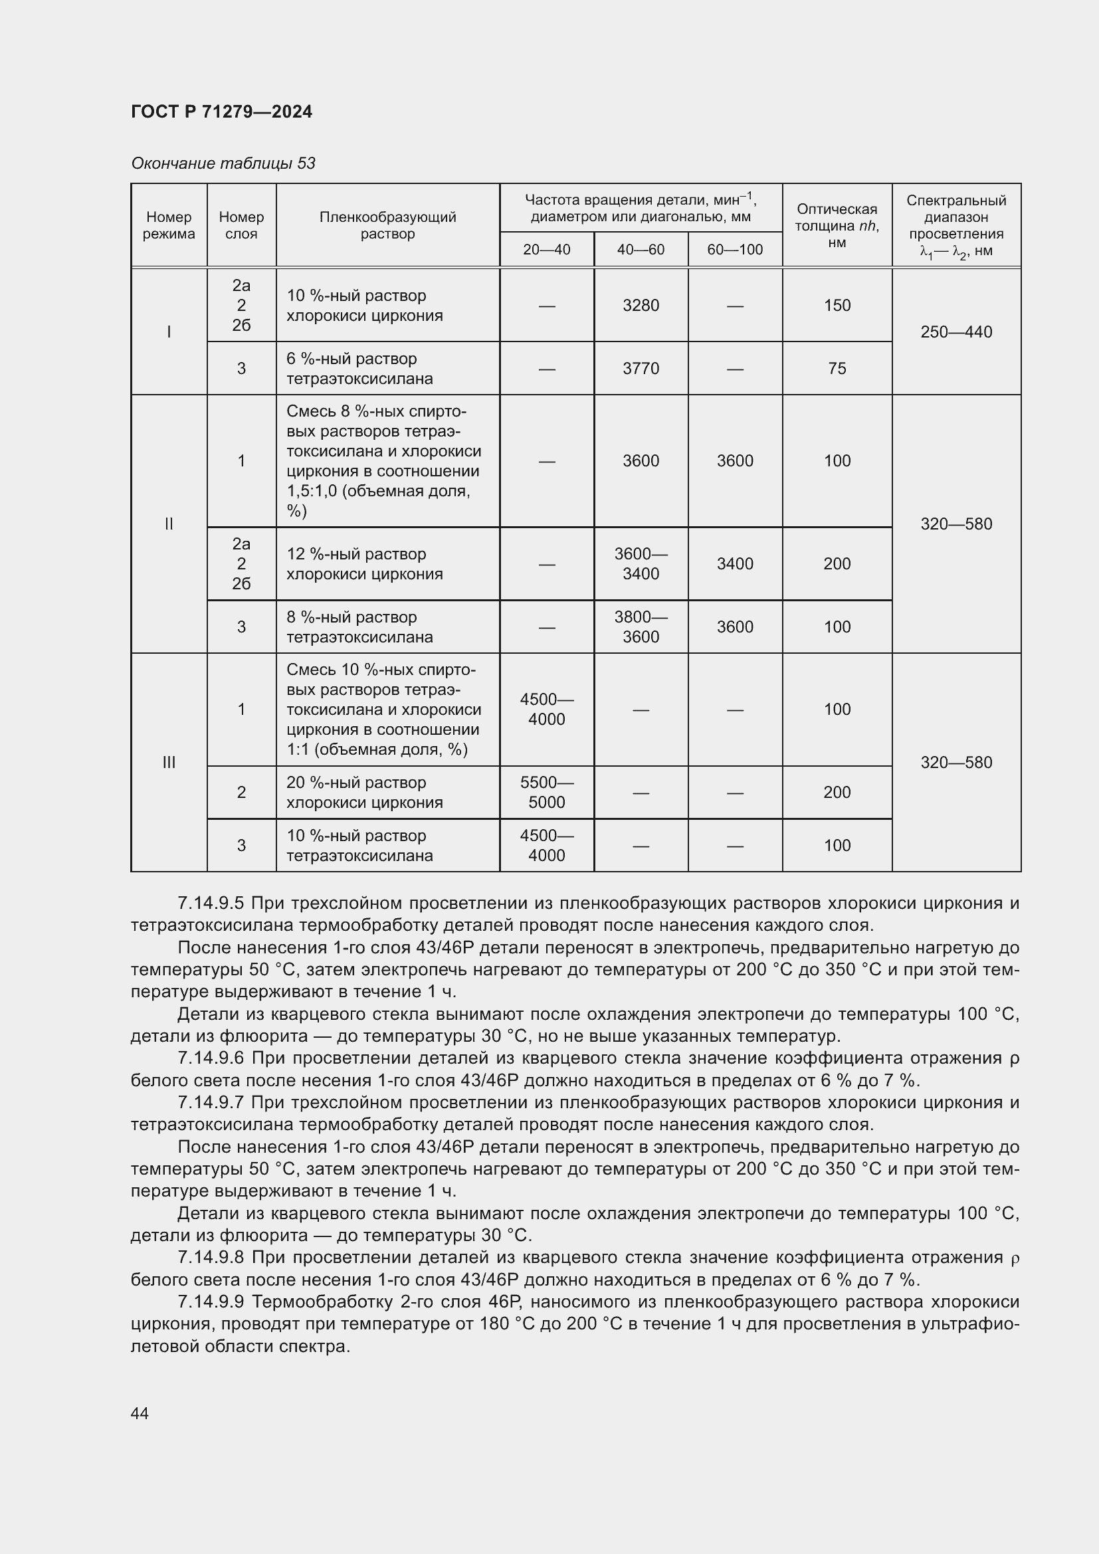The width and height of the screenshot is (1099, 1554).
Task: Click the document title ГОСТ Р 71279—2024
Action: tap(221, 112)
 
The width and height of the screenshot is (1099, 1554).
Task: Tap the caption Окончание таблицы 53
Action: tap(223, 163)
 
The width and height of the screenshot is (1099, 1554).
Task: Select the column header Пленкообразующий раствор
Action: tap(388, 225)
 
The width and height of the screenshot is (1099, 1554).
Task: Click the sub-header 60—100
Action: tap(734, 250)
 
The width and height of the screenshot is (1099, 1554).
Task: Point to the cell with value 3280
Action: tap(640, 305)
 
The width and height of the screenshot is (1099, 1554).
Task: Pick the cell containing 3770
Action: tap(640, 368)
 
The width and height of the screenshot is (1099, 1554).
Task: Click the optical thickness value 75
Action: tap(837, 368)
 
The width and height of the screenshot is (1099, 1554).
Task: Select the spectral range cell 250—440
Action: tap(955, 332)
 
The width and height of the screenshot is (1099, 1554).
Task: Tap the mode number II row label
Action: tap(169, 524)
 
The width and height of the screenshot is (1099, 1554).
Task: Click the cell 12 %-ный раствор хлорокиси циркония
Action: tap(364, 564)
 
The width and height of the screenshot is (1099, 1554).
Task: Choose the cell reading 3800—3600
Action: tap(640, 627)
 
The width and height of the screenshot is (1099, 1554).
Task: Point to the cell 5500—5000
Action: tap(546, 792)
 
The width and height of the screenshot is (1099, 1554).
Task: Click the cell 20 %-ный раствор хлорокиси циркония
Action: tap(364, 792)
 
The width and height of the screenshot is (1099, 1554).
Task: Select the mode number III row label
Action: tap(169, 762)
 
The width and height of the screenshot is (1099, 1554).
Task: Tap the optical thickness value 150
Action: tap(837, 305)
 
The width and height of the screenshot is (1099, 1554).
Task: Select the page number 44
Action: tap(140, 1413)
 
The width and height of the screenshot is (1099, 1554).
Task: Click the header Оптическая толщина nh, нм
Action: tap(837, 225)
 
